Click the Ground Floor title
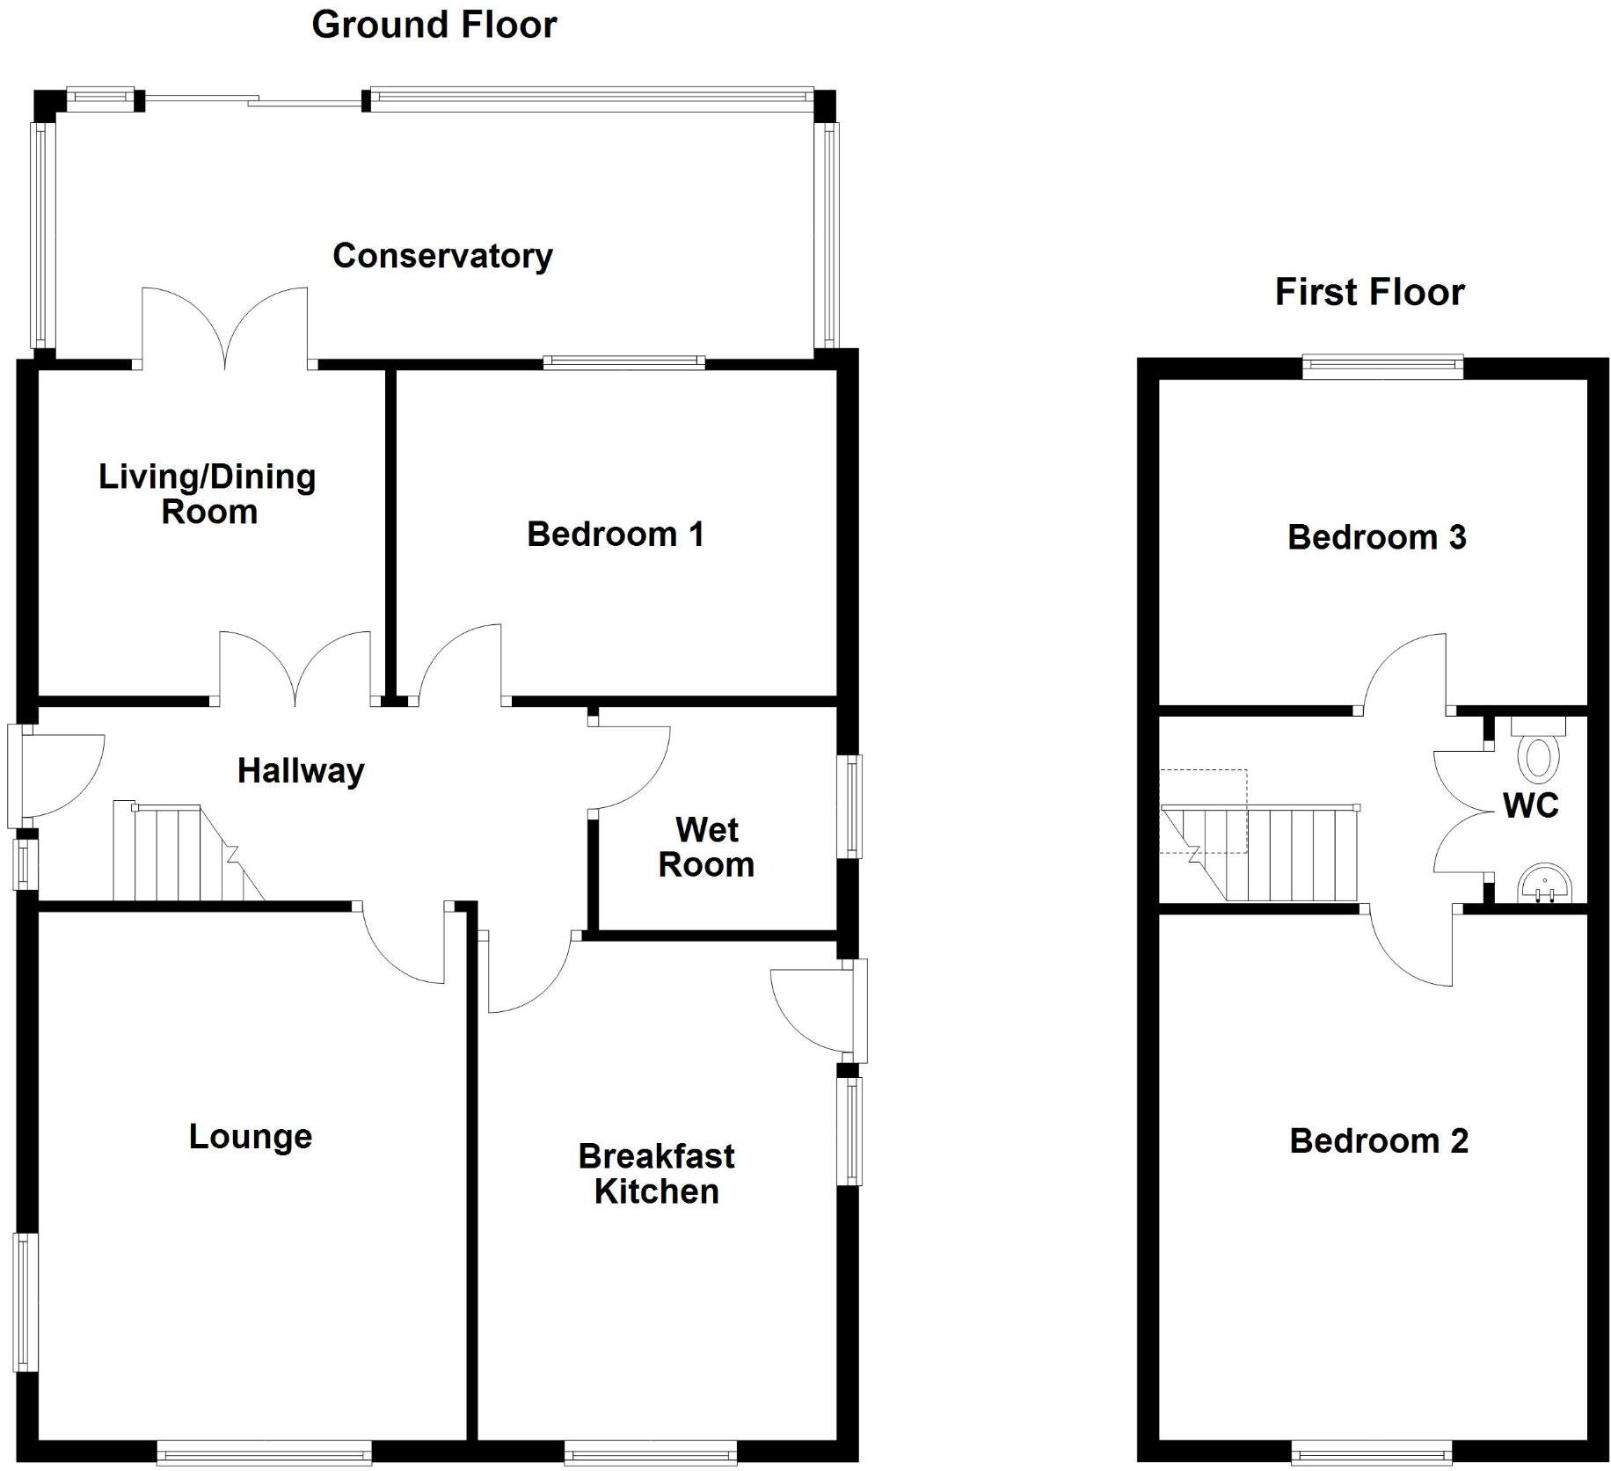pyautogui.click(x=434, y=25)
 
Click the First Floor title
pyautogui.click(x=1369, y=292)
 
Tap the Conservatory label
pyautogui.click(x=442, y=256)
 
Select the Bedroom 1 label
pyautogui.click(x=616, y=534)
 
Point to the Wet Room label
pyautogui.click(x=706, y=847)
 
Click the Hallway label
pyautogui.click(x=301, y=771)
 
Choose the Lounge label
pyautogui.click(x=251, y=1136)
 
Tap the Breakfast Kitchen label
pyautogui.click(x=657, y=1173)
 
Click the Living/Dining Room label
pyautogui.click(x=208, y=493)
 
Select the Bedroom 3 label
pyautogui.click(x=1377, y=537)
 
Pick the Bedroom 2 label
pyautogui.click(x=1379, y=1140)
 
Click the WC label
pyautogui.click(x=1531, y=805)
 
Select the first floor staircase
pyautogui.click(x=1275, y=854)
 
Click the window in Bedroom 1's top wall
pyautogui.click(x=623, y=361)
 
